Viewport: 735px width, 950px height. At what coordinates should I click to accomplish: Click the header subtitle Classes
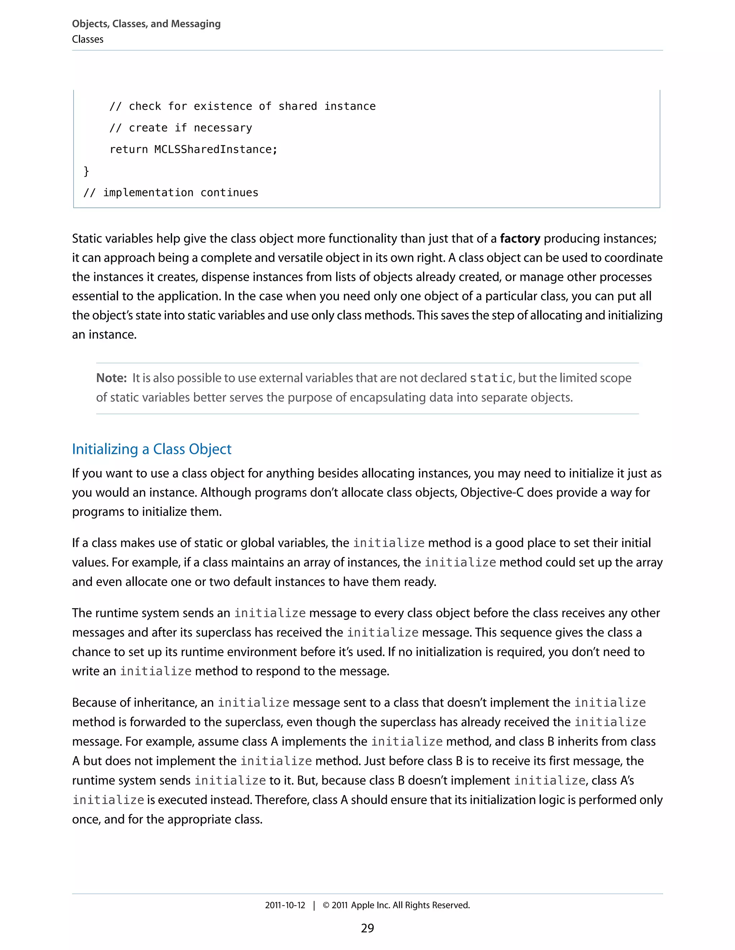point(88,39)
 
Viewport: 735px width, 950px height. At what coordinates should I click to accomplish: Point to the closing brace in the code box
point(86,171)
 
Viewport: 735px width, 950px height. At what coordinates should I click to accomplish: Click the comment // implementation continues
point(171,193)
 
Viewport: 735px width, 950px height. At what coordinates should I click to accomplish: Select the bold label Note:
point(111,378)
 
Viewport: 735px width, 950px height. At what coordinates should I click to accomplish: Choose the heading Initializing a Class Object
point(151,449)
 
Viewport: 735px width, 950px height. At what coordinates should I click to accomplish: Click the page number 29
point(367,928)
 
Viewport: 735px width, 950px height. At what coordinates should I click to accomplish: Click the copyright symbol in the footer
point(326,905)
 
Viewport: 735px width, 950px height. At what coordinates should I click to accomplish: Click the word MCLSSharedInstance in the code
point(213,149)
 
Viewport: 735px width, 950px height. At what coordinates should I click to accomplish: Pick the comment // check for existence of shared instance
point(242,106)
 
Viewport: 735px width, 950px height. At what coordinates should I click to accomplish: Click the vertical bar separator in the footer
point(314,905)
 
